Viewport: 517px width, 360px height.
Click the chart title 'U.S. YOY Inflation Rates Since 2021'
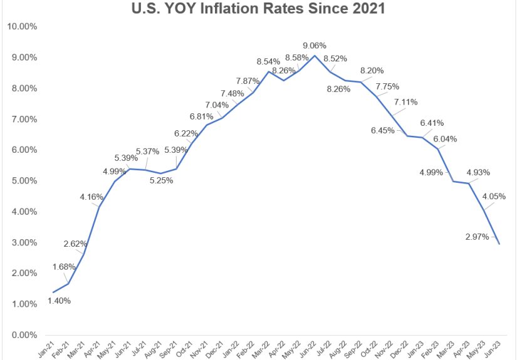coord(258,9)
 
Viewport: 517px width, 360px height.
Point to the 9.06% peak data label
coord(315,46)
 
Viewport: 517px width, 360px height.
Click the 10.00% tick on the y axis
coord(22,26)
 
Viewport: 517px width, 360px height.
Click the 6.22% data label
coord(185,133)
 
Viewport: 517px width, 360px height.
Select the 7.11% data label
coord(404,102)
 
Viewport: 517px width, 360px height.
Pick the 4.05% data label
coord(494,196)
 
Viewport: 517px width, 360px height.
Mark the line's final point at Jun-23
coord(499,244)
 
